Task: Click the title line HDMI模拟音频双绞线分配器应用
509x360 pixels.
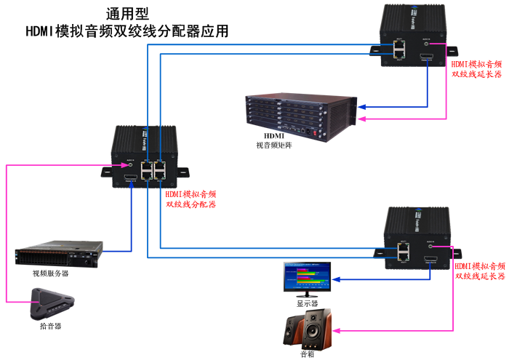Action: click(x=127, y=31)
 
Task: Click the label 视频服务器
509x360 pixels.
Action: click(x=50, y=274)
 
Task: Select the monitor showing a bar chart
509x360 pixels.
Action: click(x=306, y=276)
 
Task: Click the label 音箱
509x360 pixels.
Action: click(x=308, y=355)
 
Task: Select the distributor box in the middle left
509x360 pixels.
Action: click(x=143, y=156)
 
